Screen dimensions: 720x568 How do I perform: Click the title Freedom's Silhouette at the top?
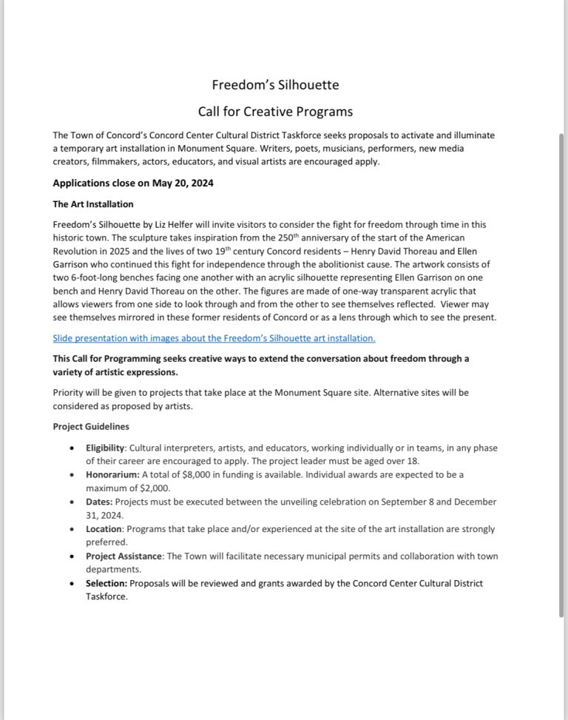click(x=275, y=85)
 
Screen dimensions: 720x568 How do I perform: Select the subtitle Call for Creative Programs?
click(x=275, y=112)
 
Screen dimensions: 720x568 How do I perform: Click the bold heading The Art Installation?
click(x=93, y=203)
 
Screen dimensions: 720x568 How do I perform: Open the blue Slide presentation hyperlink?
click(x=214, y=338)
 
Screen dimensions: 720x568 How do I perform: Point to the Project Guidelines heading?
click(x=91, y=427)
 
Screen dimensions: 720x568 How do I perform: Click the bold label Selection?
click(x=106, y=584)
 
